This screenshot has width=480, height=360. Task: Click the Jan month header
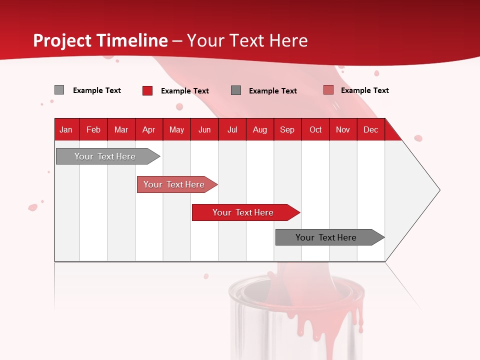coord(66,129)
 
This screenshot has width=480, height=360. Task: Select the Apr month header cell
coord(149,129)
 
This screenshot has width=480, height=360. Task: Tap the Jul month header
coord(232,129)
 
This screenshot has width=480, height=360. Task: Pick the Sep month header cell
coord(287,129)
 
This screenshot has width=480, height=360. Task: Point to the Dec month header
coord(370,129)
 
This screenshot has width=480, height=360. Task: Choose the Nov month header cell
coord(343,129)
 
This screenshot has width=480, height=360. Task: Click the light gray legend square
coord(59,90)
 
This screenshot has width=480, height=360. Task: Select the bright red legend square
coord(147,90)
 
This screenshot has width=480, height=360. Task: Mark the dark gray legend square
coord(236,90)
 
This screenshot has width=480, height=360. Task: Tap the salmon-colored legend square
coord(328,90)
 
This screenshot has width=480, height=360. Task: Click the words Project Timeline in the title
coord(100,40)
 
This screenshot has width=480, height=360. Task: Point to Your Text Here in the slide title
coord(247,40)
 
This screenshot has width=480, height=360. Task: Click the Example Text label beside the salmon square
coord(364,90)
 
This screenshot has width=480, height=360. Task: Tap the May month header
coord(176,129)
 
